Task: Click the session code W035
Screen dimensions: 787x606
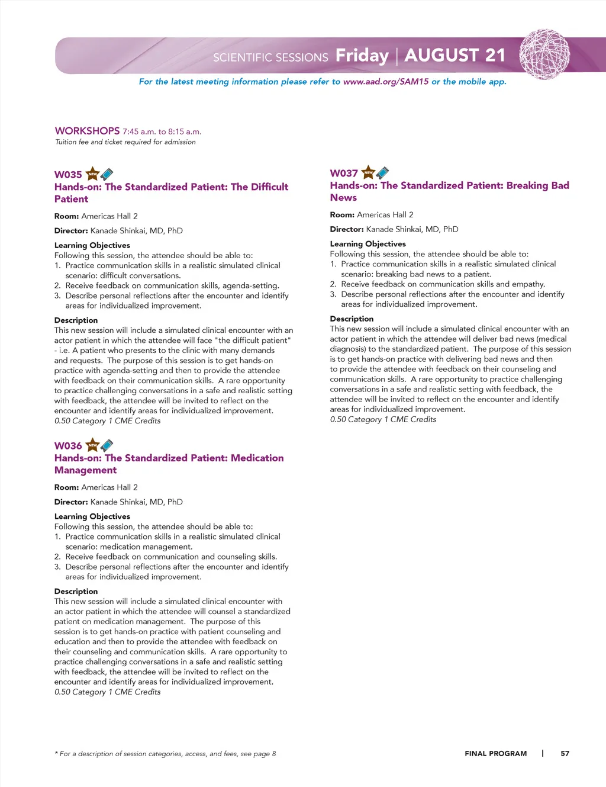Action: pyautogui.click(x=68, y=175)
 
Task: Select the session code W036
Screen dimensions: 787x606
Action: pyautogui.click(x=68, y=446)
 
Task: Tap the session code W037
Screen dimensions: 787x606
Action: pyautogui.click(x=344, y=174)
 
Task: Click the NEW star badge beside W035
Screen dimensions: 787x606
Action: pyautogui.click(x=93, y=174)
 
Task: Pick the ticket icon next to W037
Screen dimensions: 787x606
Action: pyautogui.click(x=383, y=172)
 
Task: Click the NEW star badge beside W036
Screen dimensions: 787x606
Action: pyautogui.click(x=93, y=445)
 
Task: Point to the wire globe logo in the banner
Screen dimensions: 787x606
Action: pyautogui.click(x=544, y=54)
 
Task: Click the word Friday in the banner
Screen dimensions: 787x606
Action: pyautogui.click(x=362, y=56)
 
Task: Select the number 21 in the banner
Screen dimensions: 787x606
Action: pyautogui.click(x=495, y=55)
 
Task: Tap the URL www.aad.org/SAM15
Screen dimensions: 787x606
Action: pyautogui.click(x=386, y=82)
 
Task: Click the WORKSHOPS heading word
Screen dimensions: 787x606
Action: pyautogui.click(x=87, y=131)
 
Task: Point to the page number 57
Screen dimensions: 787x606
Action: pyautogui.click(x=565, y=753)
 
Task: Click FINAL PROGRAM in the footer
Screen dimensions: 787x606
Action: pyautogui.click(x=495, y=753)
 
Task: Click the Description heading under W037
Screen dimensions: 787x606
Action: pyautogui.click(x=352, y=319)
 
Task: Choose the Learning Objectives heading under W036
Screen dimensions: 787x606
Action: pyautogui.click(x=92, y=516)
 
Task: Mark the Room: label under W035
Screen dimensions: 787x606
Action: pyautogui.click(x=66, y=216)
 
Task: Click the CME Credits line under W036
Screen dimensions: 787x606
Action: pyautogui.click(x=107, y=692)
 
